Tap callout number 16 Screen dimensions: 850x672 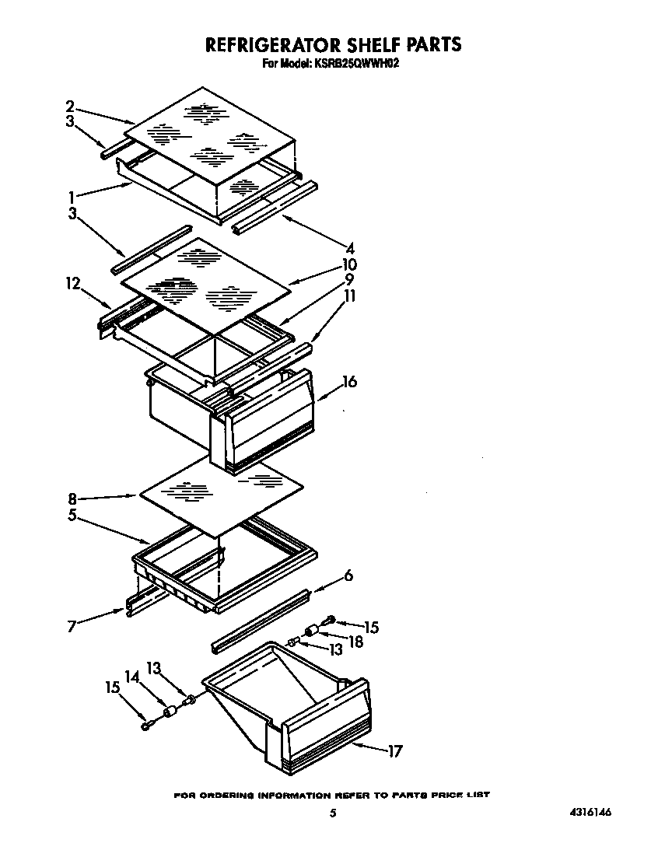(349, 382)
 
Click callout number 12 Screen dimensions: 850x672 (73, 285)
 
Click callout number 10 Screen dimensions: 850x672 (349, 264)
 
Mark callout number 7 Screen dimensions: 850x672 (72, 626)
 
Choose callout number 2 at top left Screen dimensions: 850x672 (70, 106)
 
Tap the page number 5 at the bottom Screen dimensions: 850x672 (333, 813)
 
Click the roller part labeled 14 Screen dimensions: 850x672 (170, 712)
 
